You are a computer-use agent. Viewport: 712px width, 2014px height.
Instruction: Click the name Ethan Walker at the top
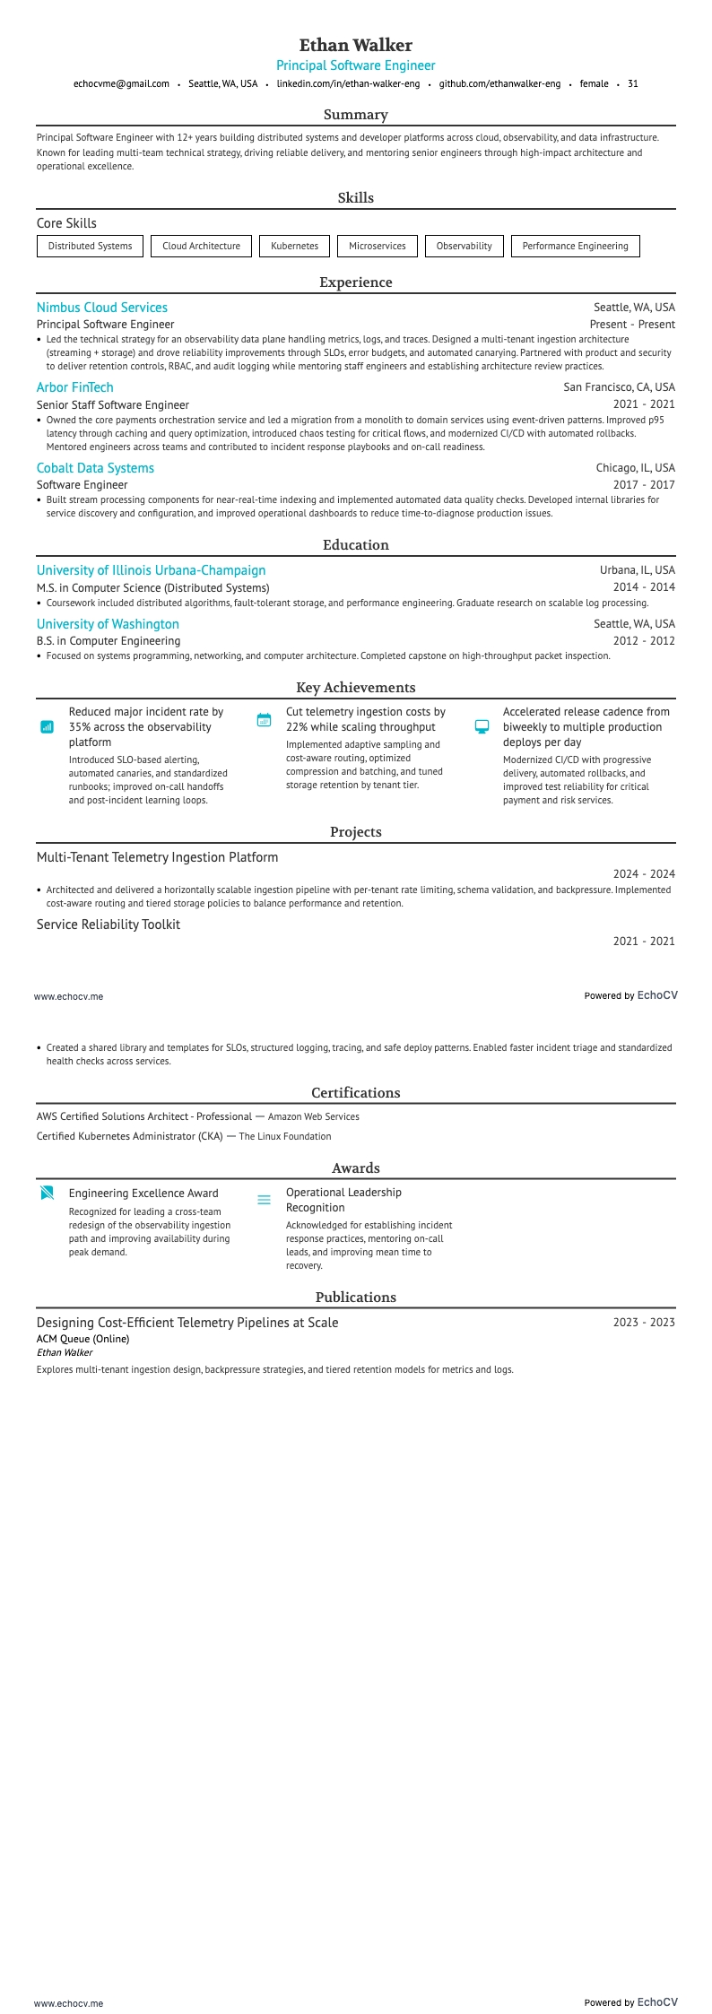click(x=355, y=45)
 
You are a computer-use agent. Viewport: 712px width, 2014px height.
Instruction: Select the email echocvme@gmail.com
click(x=121, y=83)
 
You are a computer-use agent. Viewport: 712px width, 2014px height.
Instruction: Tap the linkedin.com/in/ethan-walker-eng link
click(x=348, y=83)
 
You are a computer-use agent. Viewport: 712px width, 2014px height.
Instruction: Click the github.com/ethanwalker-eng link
click(x=499, y=83)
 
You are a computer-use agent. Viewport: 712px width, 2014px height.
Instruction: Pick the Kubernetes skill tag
click(x=294, y=246)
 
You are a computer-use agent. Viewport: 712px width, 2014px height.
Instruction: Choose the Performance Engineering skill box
click(x=575, y=246)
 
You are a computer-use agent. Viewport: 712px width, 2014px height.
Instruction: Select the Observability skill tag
click(x=464, y=246)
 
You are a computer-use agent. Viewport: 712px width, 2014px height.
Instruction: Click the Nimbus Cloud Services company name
click(x=102, y=308)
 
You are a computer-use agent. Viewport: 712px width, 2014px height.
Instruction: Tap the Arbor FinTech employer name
click(x=75, y=387)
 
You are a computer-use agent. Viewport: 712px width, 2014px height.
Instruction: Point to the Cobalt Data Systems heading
click(x=95, y=468)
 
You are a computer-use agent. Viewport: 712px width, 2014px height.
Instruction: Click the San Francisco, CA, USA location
click(x=619, y=387)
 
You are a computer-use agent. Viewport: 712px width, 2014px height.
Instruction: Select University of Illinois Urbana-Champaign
click(x=151, y=570)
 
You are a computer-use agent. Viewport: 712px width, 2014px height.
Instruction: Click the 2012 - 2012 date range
click(x=644, y=641)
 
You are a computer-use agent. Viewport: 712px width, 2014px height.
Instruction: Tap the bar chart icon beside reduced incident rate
click(x=48, y=726)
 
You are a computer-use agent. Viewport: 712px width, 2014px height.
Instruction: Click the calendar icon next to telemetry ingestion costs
click(x=264, y=720)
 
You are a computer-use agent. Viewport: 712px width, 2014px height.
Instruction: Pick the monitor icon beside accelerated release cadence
click(x=482, y=726)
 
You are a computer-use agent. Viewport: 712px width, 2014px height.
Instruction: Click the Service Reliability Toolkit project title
click(x=109, y=925)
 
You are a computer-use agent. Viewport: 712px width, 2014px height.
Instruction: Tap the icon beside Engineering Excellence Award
click(x=48, y=1193)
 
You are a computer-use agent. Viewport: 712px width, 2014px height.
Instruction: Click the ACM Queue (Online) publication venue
click(x=82, y=1339)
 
